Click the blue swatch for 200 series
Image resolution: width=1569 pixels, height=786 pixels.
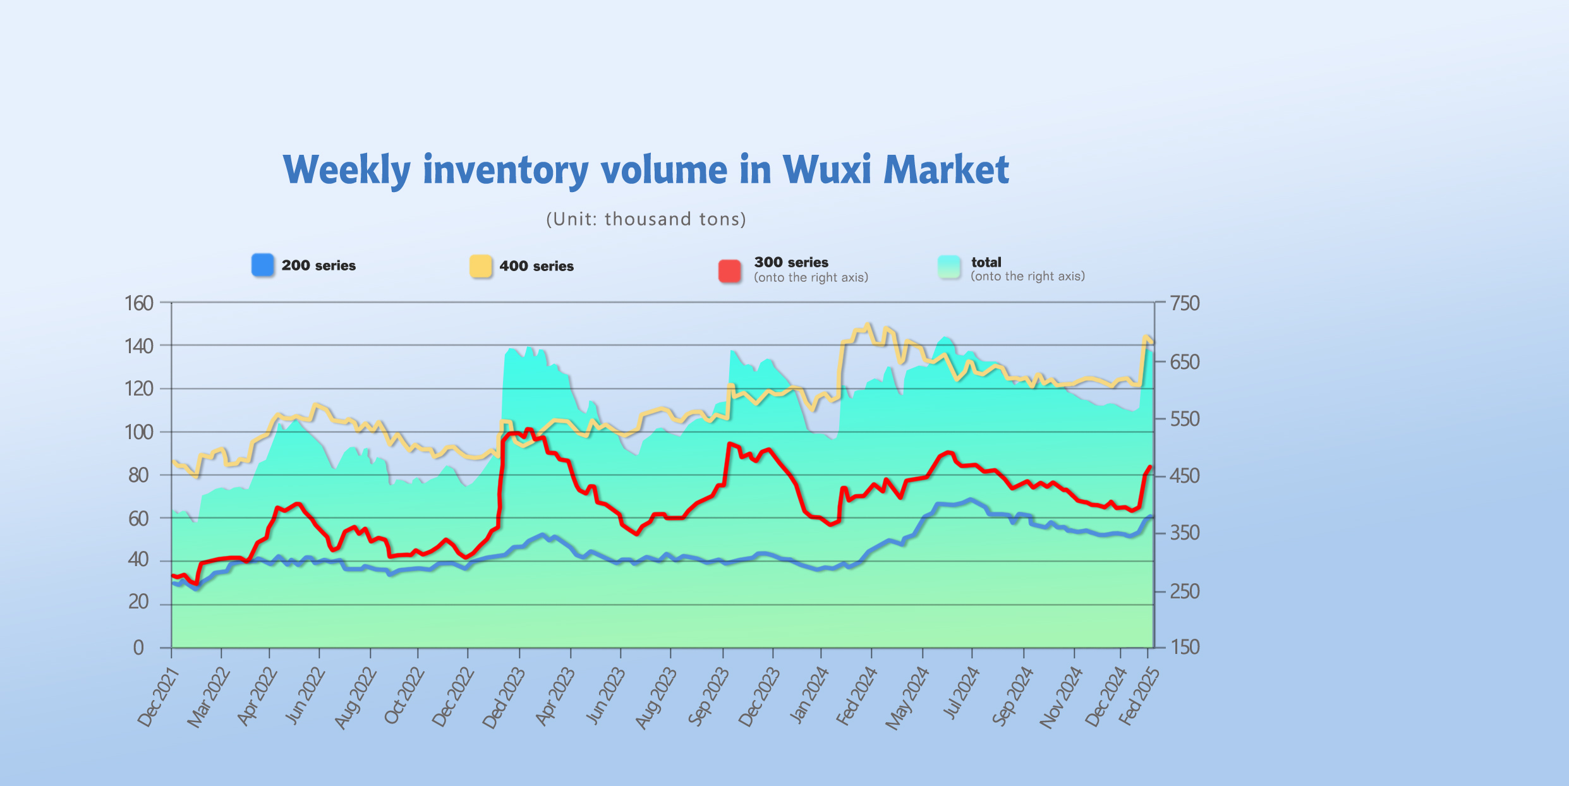point(262,265)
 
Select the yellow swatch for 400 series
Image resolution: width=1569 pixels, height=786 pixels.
point(480,266)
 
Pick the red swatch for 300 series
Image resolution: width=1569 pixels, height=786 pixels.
point(730,270)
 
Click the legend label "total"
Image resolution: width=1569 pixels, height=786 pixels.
point(986,262)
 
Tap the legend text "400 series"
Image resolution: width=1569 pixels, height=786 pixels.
point(536,266)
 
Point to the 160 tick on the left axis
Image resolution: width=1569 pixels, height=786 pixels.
point(139,303)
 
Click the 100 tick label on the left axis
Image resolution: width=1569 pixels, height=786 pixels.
point(139,432)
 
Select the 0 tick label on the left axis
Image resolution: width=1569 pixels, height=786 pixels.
point(138,648)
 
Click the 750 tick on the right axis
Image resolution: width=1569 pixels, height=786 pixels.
point(1184,303)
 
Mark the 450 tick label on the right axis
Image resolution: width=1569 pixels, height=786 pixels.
point(1184,476)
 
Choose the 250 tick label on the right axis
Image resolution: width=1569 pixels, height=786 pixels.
point(1184,591)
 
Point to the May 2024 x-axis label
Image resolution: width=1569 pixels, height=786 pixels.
point(907,698)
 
